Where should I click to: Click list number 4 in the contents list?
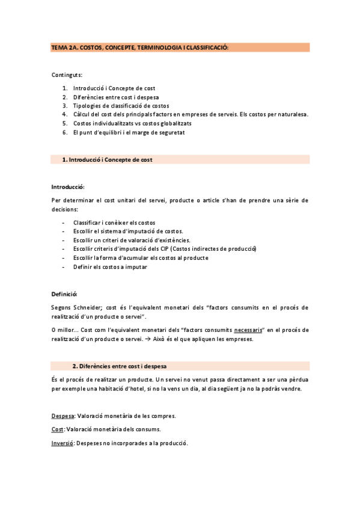pyautogui.click(x=65, y=114)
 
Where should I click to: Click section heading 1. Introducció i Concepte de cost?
pyautogui.click(x=111, y=160)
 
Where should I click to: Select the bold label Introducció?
pyautogui.click(x=68, y=187)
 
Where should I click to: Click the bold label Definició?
pyautogui.click(x=64, y=294)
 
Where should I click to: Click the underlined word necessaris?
pyautogui.click(x=249, y=329)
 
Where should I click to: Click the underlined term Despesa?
pyautogui.click(x=63, y=416)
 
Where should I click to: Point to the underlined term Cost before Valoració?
pyautogui.click(x=58, y=429)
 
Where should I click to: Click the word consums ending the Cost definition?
pyautogui.click(x=149, y=429)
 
